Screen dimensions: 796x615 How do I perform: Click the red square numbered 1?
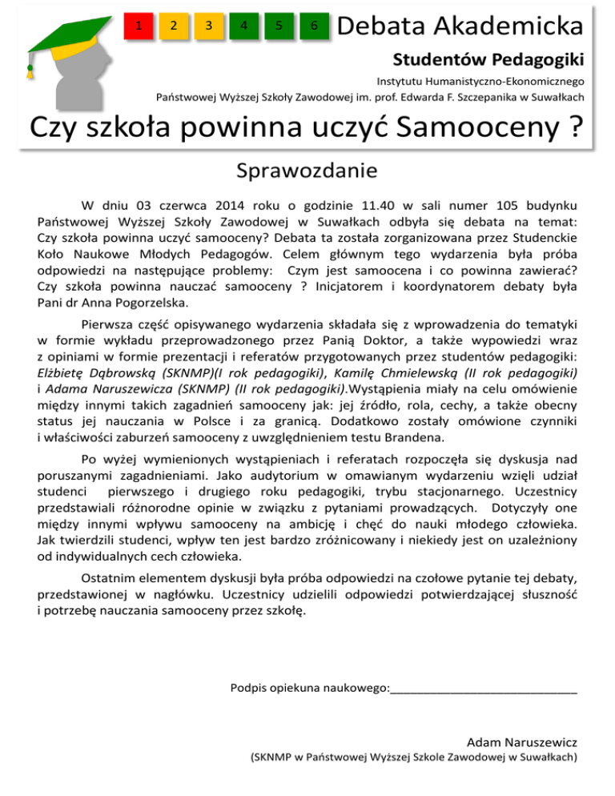click(139, 26)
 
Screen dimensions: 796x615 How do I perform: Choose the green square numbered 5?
click(279, 26)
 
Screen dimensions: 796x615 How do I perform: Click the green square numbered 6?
click(314, 26)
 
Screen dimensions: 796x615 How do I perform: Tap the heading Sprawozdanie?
click(307, 171)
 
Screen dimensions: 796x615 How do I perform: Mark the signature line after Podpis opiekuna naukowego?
click(484, 687)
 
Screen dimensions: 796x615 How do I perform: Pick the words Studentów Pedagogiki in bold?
click(488, 60)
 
